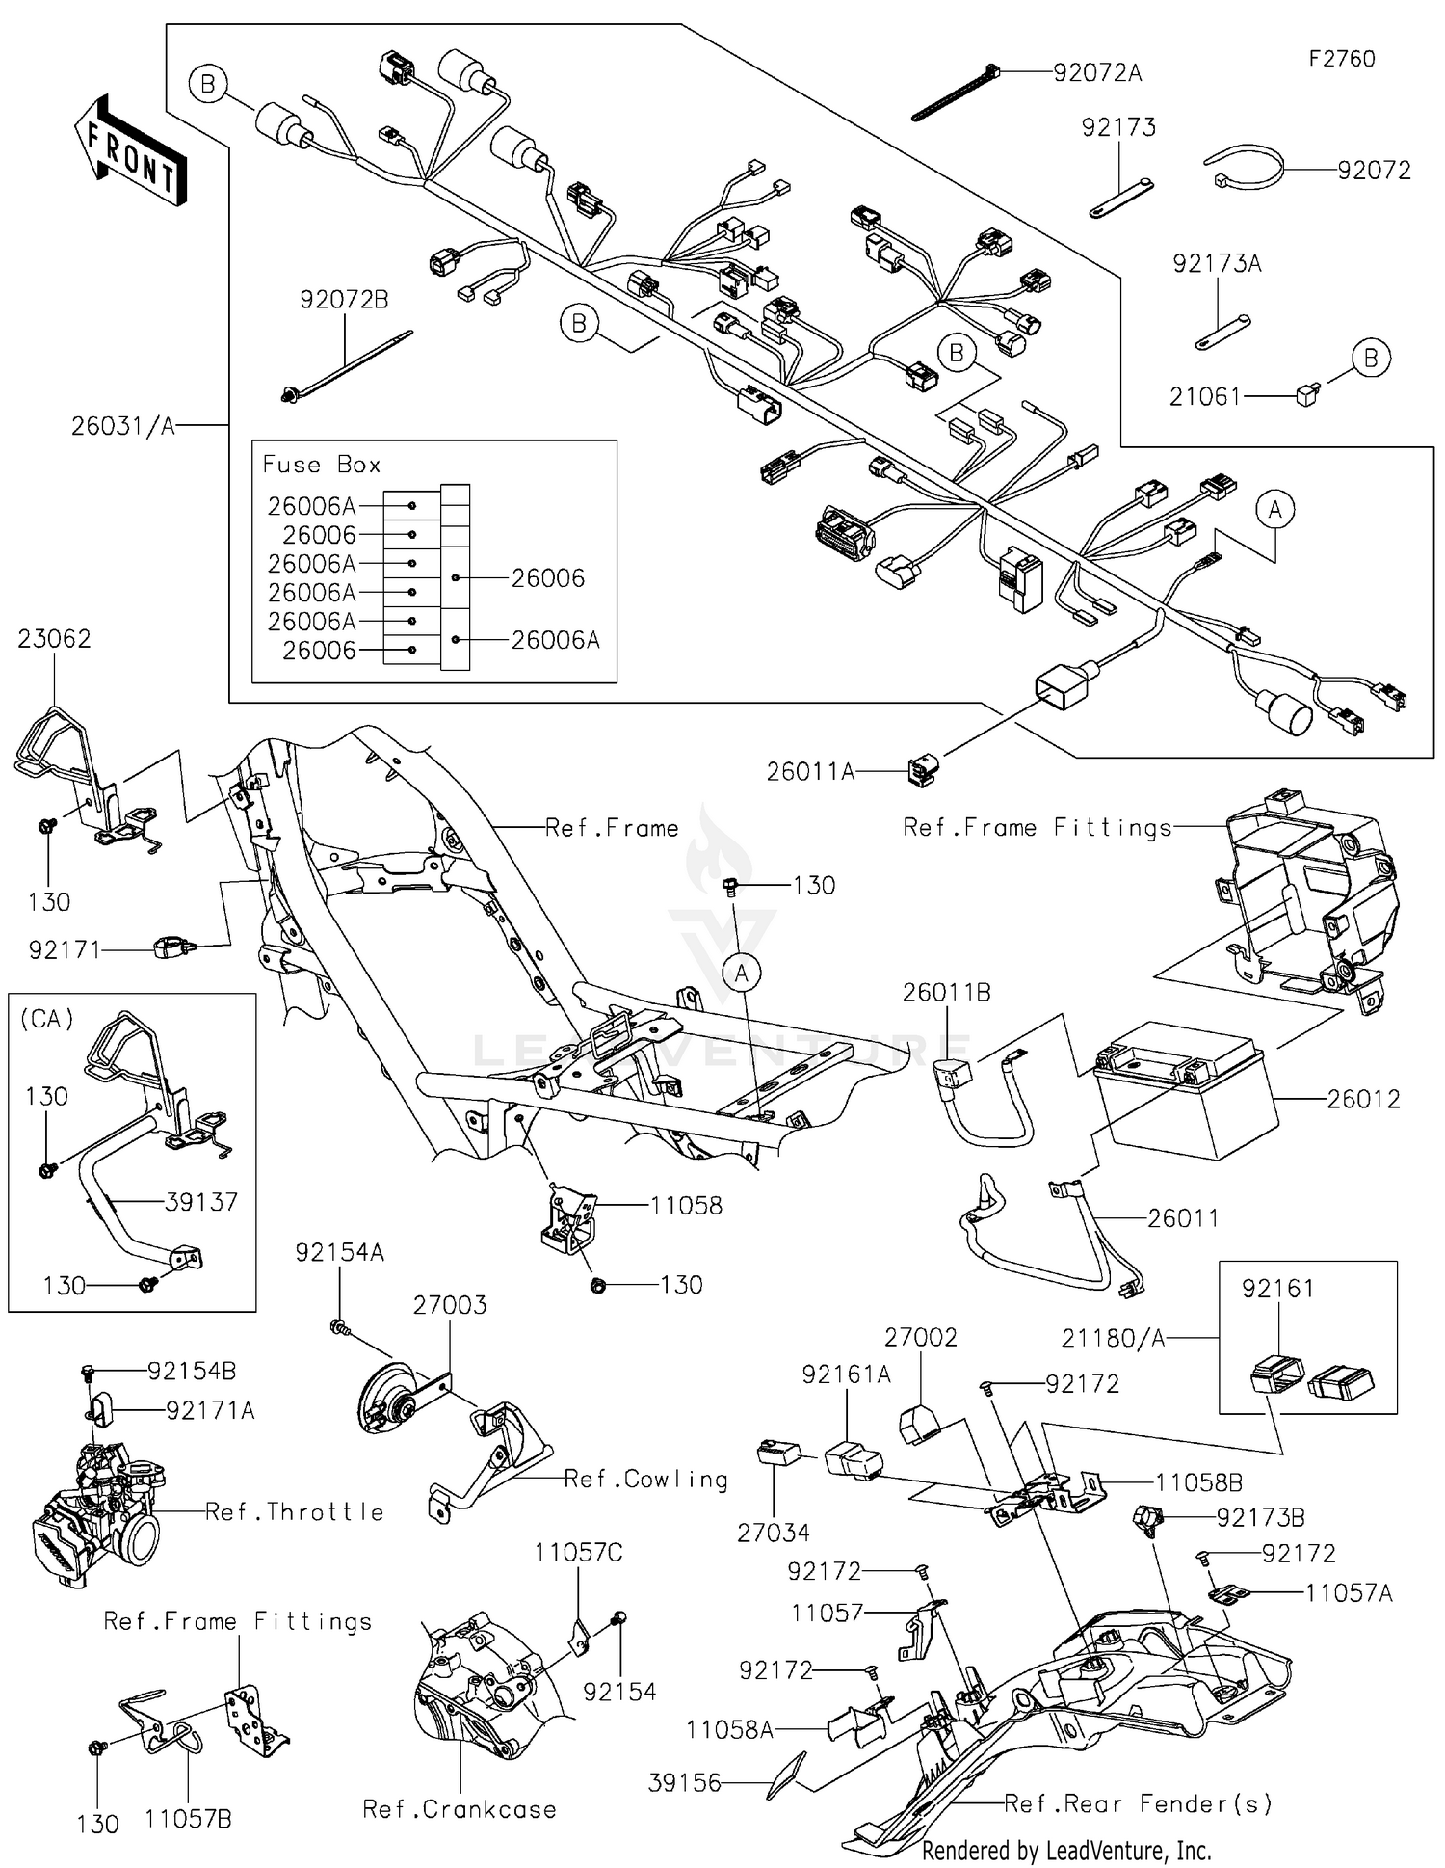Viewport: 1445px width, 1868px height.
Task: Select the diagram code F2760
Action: coord(1341,59)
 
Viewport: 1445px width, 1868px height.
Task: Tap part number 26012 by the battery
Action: coord(1363,1099)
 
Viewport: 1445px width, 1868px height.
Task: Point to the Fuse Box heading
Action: coord(322,465)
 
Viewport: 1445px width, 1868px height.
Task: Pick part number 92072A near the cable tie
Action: coord(1097,72)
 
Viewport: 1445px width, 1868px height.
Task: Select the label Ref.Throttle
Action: coord(295,1511)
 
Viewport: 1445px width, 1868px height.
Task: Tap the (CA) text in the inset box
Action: coord(47,1019)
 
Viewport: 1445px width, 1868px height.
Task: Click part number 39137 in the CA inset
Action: coord(201,1201)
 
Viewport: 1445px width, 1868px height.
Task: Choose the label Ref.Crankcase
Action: coord(460,1809)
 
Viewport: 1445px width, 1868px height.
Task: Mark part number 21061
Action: coord(1204,396)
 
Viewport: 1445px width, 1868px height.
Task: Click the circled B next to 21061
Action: coord(1371,359)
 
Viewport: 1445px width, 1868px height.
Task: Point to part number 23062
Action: coord(54,638)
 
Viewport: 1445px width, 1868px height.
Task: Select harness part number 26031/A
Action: coord(123,426)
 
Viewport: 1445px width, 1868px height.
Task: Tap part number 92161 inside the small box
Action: coord(1277,1288)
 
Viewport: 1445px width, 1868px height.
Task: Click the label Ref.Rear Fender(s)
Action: coord(1138,1802)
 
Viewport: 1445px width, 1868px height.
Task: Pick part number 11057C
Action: coord(578,1552)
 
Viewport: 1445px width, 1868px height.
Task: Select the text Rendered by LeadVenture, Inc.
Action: coord(1066,1851)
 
